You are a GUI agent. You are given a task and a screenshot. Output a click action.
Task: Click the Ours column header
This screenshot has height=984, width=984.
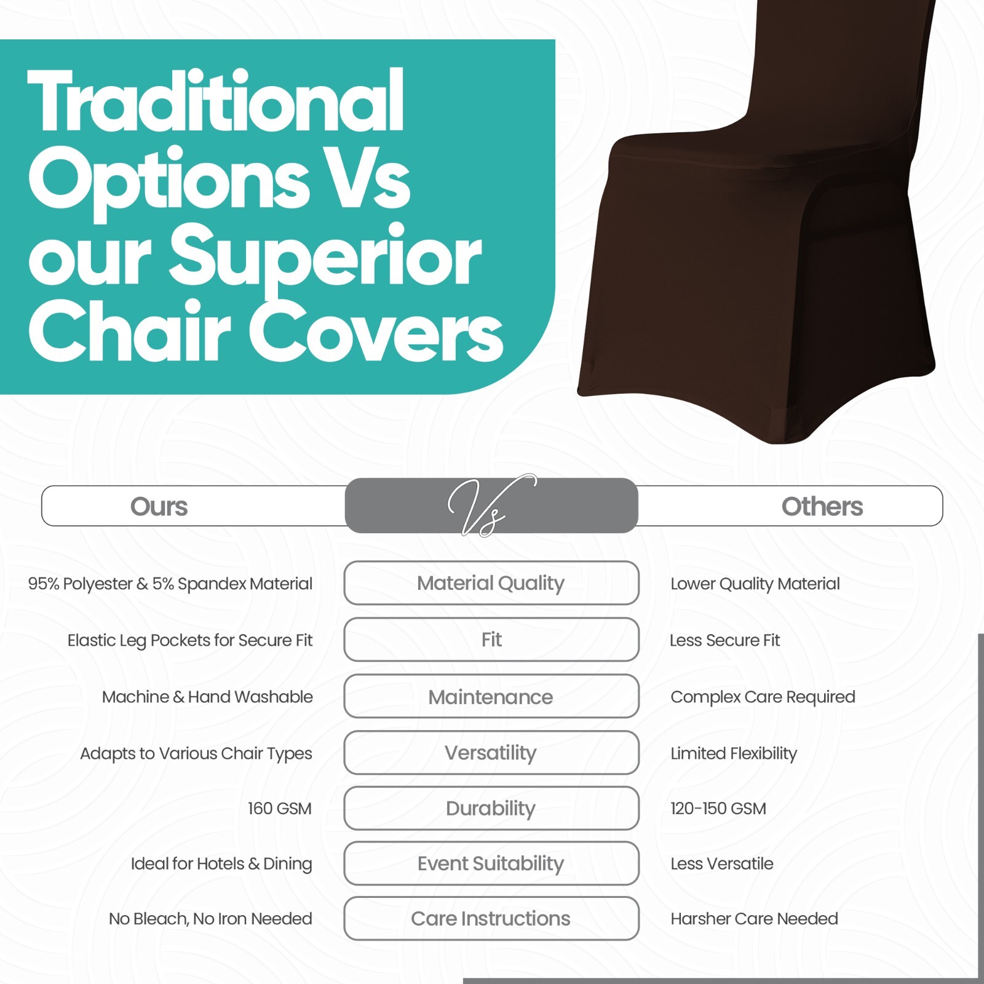(159, 506)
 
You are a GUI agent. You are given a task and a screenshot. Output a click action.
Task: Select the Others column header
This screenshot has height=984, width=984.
(822, 506)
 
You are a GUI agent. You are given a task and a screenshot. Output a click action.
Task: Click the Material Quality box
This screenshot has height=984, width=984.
(491, 582)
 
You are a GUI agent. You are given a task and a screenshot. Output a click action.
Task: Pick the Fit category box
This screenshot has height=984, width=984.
(491, 640)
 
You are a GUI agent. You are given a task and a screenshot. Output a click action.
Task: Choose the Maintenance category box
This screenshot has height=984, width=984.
(491, 696)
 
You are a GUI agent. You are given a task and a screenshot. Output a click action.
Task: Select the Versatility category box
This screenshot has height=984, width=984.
(491, 752)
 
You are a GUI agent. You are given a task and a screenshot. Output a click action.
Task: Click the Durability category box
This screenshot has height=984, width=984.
(491, 808)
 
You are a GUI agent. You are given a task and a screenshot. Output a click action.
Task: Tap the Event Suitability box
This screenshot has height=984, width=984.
(491, 863)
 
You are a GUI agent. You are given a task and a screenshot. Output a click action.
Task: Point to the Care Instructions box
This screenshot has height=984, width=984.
(491, 918)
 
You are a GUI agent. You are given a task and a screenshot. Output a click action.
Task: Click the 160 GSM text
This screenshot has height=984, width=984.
(280, 808)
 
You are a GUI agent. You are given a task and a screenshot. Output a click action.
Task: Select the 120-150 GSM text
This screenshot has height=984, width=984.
(718, 808)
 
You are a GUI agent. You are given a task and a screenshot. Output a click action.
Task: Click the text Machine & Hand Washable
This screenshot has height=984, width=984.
(207, 697)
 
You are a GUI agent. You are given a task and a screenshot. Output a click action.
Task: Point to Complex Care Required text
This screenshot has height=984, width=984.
(763, 697)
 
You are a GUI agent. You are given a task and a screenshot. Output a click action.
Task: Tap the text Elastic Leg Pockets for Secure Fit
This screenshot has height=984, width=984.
(190, 641)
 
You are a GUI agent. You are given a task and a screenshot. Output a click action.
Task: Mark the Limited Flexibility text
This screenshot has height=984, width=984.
(734, 754)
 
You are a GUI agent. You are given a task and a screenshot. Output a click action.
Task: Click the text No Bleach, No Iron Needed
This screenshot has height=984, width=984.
(210, 919)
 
